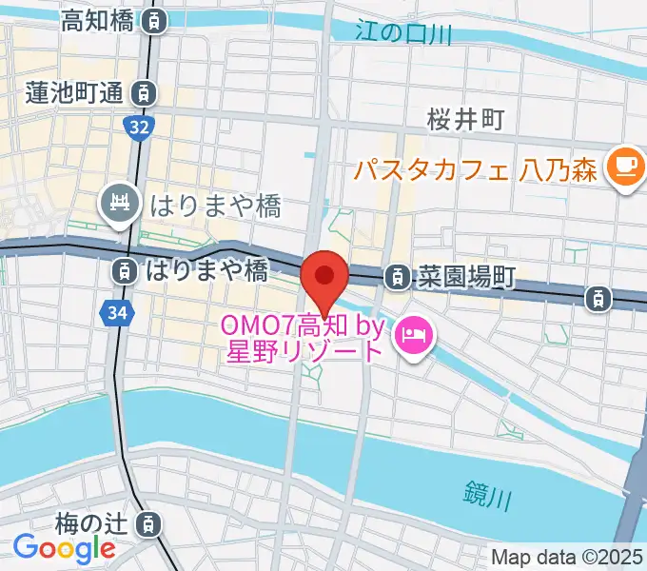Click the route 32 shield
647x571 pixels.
click(139, 127)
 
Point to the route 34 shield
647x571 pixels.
click(115, 311)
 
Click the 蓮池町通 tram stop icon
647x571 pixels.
click(143, 93)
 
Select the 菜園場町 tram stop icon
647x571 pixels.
click(393, 277)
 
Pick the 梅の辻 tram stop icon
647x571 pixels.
click(148, 522)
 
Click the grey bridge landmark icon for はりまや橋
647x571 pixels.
click(120, 204)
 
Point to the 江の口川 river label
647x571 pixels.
click(402, 31)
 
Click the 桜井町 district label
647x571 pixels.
click(465, 119)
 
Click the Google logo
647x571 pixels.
click(64, 548)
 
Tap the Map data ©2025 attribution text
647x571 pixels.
click(567, 557)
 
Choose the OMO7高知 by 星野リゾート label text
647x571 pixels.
click(304, 338)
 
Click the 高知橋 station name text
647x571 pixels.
click(97, 21)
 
